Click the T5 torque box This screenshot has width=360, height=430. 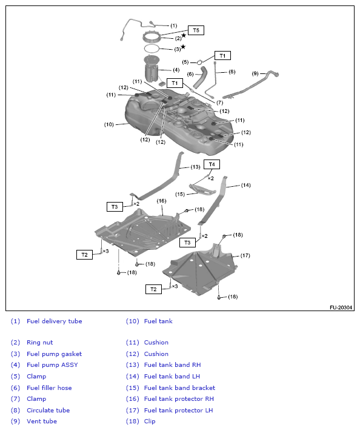pyautogui.click(x=195, y=30)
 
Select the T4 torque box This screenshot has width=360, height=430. pyautogui.click(x=212, y=164)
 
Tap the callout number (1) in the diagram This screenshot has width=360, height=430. pyautogui.click(x=174, y=26)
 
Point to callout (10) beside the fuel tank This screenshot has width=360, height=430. pyautogui.click(x=108, y=125)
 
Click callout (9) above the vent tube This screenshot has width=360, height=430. pyautogui.click(x=255, y=73)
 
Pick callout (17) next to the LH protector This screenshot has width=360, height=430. pyautogui.click(x=245, y=255)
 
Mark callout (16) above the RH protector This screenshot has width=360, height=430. pyautogui.click(x=161, y=201)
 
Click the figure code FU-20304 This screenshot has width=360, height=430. pyautogui.click(x=342, y=307)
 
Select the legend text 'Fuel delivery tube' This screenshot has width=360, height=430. pyautogui.click(x=54, y=321)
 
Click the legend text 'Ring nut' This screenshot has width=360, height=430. pyautogui.click(x=39, y=343)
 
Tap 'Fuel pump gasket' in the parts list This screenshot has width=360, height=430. pyautogui.click(x=54, y=354)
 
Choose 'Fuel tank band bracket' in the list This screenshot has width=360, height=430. pyautogui.click(x=179, y=388)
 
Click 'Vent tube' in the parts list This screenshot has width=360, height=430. pyautogui.click(x=41, y=422)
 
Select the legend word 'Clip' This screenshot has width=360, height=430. pyautogui.click(x=149, y=422)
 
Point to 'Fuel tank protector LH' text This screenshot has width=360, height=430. pyautogui.click(x=179, y=411)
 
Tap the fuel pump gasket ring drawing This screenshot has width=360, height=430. pyautogui.click(x=152, y=48)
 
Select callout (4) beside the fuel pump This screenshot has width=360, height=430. pyautogui.click(x=176, y=70)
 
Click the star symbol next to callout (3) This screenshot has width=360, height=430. pyautogui.click(x=183, y=47)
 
